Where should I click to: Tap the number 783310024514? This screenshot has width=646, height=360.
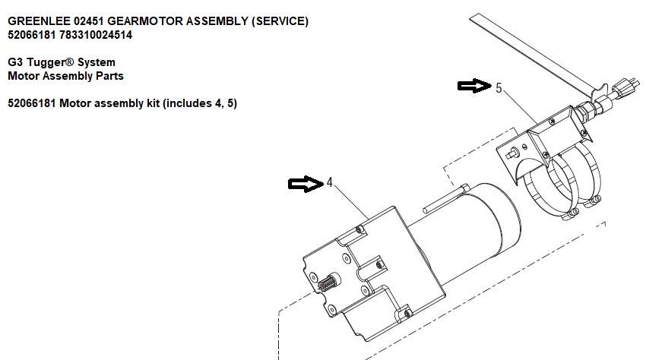(96, 35)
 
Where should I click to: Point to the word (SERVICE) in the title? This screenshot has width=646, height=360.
(280, 21)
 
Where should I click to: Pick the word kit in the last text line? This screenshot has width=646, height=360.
(153, 103)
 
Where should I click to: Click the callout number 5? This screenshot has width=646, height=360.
(499, 88)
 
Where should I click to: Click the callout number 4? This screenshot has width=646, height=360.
(329, 182)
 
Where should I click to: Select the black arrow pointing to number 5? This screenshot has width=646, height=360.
(474, 86)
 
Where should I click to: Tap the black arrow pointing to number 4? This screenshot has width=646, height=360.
(306, 184)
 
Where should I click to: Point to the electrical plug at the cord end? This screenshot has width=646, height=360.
(625, 87)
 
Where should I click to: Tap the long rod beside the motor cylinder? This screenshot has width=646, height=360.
(445, 199)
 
